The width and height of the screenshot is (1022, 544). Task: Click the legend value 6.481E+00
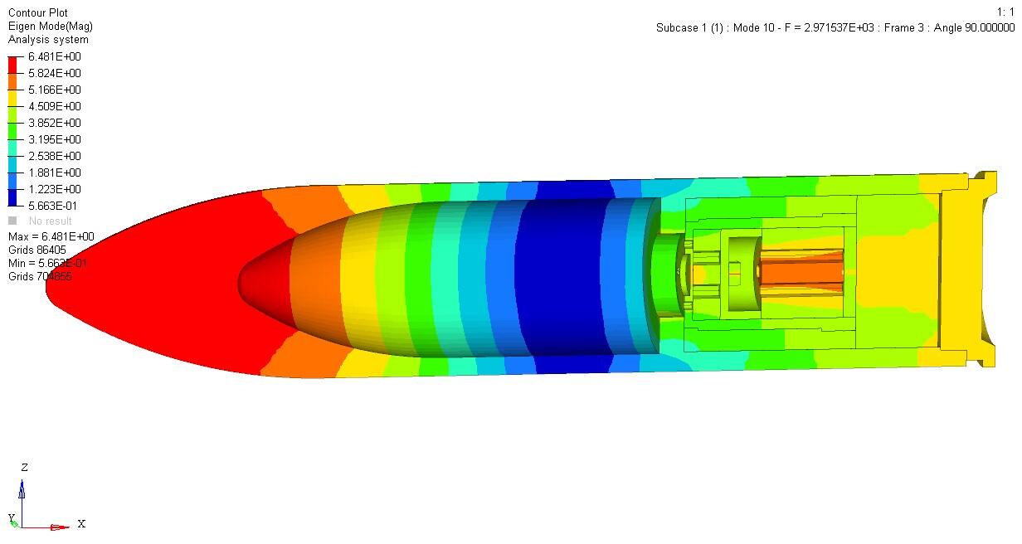pyautogui.click(x=54, y=56)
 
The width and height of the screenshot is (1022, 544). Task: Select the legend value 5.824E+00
pyautogui.click(x=54, y=73)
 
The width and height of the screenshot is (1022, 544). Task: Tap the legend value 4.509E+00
pyautogui.click(x=54, y=106)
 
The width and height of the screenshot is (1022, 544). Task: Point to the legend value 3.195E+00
pyautogui.click(x=54, y=139)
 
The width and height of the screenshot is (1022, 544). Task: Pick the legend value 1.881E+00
pyautogui.click(x=54, y=172)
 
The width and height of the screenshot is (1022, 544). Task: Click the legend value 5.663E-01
pyautogui.click(x=52, y=206)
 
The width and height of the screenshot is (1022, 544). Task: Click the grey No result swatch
pyautogui.click(x=12, y=221)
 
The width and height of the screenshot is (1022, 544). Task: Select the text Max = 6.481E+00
pyautogui.click(x=51, y=236)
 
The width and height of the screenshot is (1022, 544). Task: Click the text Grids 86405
pyautogui.click(x=37, y=250)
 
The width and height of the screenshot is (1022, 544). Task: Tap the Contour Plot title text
pyautogui.click(x=38, y=12)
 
